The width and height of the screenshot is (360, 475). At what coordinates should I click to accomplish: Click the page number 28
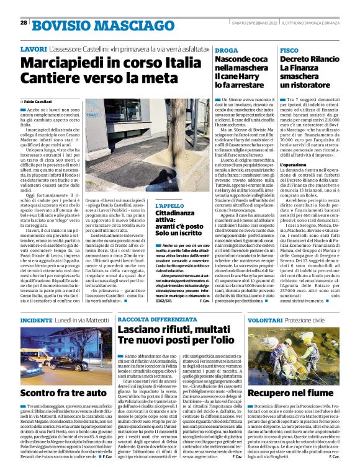[24, 22]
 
